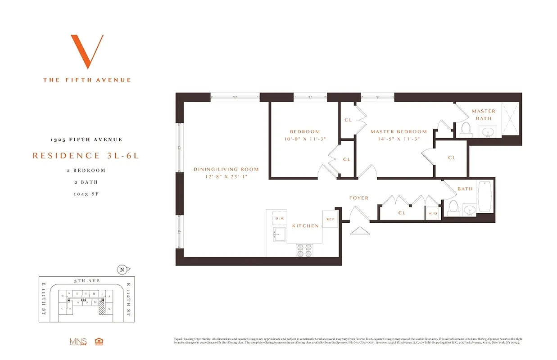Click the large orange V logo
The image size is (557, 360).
tap(87, 51)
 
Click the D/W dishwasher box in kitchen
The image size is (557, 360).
tap(280, 218)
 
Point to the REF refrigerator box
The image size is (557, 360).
tap(330, 219)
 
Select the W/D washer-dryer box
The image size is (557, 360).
tap(433, 213)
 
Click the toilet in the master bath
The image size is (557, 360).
tap(466, 130)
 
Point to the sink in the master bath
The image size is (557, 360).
tap(487, 132)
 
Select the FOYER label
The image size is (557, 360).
tap(358, 198)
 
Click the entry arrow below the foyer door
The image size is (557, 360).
tap(359, 230)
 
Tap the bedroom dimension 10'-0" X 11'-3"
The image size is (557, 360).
tap(305, 139)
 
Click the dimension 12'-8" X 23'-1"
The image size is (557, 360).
tap(226, 177)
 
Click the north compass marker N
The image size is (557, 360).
tap(122, 270)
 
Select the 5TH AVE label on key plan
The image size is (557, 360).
tap(87, 281)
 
